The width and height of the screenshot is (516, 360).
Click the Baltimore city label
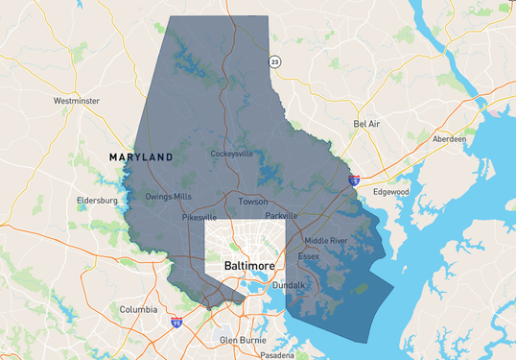(249, 264)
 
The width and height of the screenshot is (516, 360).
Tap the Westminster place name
(78, 100)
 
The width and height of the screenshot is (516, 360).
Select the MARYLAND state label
(141, 156)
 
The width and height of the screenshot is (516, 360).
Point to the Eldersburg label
(97, 201)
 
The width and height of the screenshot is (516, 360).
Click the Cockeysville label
(233, 154)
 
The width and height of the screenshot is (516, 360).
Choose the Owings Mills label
(168, 197)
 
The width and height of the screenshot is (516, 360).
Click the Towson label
(253, 202)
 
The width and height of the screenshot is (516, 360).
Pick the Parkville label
(281, 216)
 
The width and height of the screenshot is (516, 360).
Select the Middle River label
(324, 240)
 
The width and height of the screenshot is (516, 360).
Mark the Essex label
(308, 256)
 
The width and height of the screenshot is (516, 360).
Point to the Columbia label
(138, 309)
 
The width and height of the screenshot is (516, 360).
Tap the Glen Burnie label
(241, 340)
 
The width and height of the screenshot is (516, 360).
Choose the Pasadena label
(278, 354)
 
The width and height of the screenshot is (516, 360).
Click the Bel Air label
(367, 124)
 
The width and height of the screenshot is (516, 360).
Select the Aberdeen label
(450, 139)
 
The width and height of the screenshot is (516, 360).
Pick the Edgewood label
(391, 192)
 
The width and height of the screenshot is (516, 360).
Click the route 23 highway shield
(274, 61)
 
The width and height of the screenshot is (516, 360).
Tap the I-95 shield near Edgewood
(354, 179)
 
